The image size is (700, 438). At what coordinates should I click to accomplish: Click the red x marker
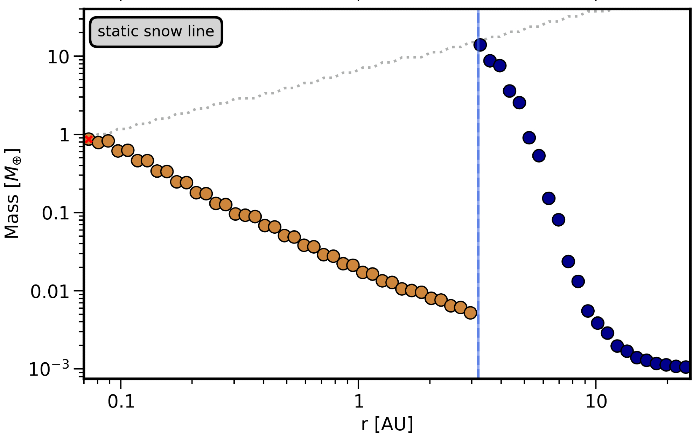[89, 139]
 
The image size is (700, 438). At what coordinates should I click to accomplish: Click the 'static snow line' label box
[156, 32]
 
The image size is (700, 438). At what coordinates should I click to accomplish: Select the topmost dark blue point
[480, 45]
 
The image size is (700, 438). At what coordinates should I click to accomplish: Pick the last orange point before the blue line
[470, 313]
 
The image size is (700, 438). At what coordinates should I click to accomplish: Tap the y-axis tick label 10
[58, 57]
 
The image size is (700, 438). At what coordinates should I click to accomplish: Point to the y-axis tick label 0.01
[50, 292]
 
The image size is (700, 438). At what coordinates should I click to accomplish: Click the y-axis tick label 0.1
[56, 213]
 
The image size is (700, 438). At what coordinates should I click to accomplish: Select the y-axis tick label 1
[65, 135]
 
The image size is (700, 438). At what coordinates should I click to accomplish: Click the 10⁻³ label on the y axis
[49, 369]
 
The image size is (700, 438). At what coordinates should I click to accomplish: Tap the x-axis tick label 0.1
[121, 402]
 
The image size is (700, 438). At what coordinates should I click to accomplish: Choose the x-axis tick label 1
[359, 402]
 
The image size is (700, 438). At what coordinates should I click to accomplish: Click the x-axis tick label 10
[596, 402]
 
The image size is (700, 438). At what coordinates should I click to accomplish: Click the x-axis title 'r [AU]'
[387, 424]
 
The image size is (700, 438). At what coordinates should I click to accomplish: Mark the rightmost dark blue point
[686, 367]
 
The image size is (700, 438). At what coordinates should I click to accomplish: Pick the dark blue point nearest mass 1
[529, 138]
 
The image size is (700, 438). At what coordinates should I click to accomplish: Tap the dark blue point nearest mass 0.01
[578, 281]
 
